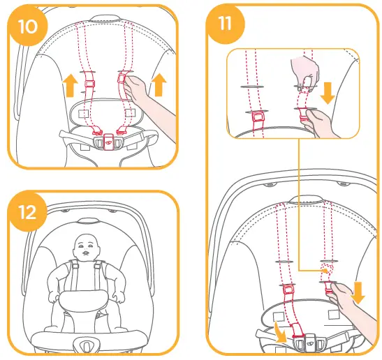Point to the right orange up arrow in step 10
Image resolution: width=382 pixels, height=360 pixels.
159,84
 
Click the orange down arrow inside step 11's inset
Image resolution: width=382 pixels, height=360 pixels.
328,90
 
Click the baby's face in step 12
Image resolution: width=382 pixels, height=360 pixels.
86,247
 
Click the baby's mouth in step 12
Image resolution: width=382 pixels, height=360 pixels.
86,255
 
